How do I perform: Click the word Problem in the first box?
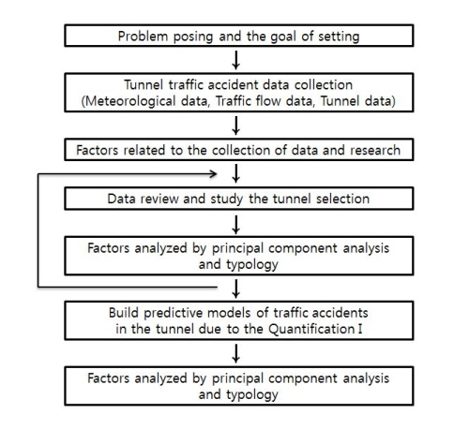coord(143,37)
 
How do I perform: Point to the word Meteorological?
coord(130,101)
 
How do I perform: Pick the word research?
coord(375,150)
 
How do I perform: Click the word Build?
coord(124,313)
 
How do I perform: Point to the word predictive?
coord(173,313)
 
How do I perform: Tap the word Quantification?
coord(311,329)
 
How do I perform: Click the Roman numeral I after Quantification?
coord(360,329)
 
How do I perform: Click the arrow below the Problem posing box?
coord(236,60)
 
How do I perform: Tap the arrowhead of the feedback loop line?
coord(214,174)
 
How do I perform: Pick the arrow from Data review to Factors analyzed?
coord(236,225)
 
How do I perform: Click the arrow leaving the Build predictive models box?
coord(236,354)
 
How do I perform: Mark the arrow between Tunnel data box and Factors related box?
coord(236,126)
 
